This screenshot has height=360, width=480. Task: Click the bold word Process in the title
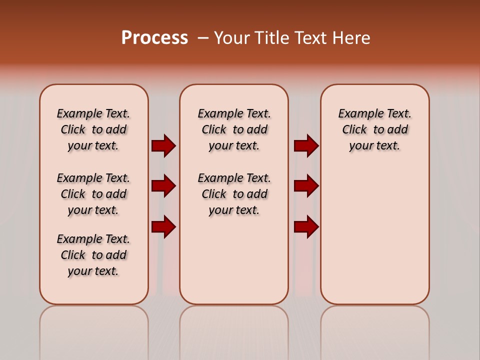coord(154,38)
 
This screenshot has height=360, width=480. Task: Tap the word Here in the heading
coord(350,38)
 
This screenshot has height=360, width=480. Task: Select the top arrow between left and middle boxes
coord(163,145)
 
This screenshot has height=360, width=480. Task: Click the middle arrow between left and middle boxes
coord(163,186)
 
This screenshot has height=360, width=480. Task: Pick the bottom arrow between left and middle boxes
coord(163,226)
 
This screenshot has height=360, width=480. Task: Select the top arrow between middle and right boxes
coord(306,145)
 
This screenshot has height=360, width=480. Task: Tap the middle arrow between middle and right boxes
coord(306,186)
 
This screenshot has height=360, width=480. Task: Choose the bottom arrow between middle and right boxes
coord(306,226)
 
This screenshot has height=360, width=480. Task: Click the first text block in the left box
coord(93,129)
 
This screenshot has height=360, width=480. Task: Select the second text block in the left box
coord(93,194)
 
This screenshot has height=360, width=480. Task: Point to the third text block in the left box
coord(93,255)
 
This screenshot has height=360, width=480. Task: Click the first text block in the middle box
coord(234,129)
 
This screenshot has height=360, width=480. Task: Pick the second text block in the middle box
coord(234,194)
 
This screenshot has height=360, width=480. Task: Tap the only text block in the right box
coord(375,129)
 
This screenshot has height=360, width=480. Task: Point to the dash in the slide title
coord(203,38)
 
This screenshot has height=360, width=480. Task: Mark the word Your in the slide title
coord(232,38)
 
